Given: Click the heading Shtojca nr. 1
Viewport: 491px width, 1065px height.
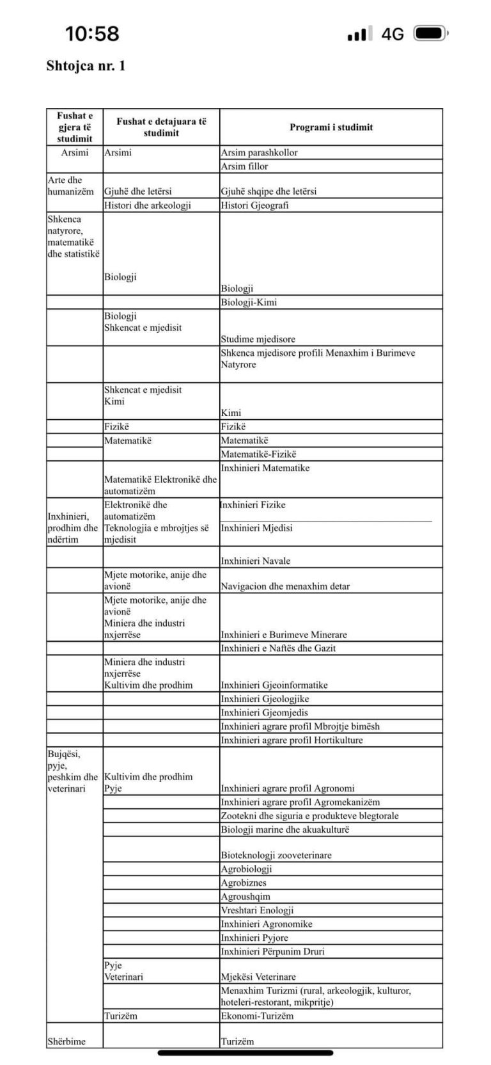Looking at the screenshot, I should click(86, 66).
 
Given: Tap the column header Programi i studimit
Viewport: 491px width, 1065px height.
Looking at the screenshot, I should click(331, 127).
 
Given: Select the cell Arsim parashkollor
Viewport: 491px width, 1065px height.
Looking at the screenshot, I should click(259, 152).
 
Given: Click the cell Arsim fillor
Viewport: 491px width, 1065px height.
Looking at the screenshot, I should click(244, 166).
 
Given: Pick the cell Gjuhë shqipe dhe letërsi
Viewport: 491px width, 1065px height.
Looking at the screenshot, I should click(269, 191).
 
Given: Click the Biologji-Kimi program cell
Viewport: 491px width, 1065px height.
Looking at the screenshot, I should click(249, 302).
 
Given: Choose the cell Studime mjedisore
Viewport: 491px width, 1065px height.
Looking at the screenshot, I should click(258, 339).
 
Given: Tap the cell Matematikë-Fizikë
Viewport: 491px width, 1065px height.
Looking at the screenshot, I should click(258, 454).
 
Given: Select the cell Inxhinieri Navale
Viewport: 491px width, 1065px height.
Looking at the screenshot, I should click(255, 561).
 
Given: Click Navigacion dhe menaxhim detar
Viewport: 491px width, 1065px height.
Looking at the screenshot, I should click(285, 586).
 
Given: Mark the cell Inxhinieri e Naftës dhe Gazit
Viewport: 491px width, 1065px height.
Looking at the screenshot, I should click(278, 648).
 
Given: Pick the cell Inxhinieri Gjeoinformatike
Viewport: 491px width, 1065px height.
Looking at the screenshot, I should click(274, 685).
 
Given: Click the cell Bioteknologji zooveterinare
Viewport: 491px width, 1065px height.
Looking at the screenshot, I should click(276, 855).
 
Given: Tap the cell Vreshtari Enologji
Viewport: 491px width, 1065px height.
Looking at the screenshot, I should click(257, 910).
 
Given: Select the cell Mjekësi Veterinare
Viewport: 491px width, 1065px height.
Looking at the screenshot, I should click(258, 977).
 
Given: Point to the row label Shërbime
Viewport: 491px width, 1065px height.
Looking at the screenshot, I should click(66, 1041).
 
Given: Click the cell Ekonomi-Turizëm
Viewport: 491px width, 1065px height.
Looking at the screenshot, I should click(257, 1016).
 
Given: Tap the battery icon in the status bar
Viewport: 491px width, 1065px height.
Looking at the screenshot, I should click(430, 33).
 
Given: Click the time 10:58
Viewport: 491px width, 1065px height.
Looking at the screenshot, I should click(92, 33).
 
